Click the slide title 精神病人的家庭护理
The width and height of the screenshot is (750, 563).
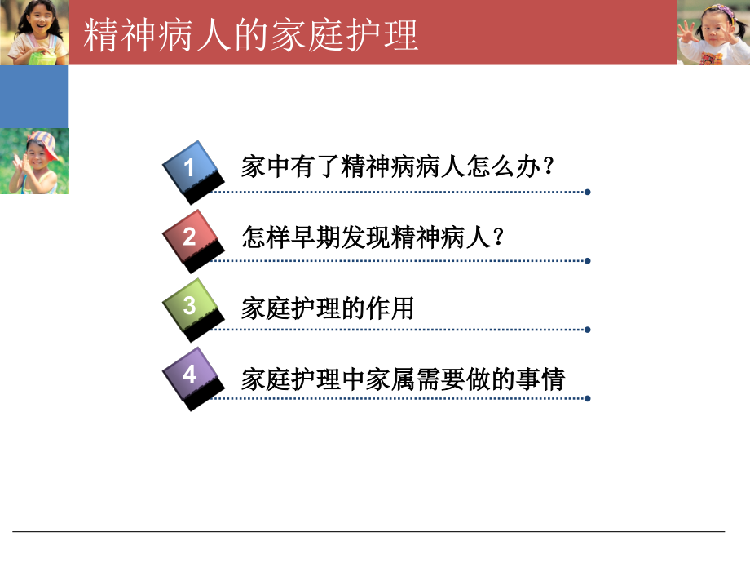tap(252, 35)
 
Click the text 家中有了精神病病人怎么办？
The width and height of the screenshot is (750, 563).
tap(399, 167)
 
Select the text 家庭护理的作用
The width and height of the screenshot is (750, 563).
tap(328, 308)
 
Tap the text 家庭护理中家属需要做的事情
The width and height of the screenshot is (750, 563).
tap(404, 379)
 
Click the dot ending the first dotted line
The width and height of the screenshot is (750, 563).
tap(587, 193)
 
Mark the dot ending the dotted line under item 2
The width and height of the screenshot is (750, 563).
tap(587, 261)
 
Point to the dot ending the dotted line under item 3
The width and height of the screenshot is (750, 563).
tap(587, 330)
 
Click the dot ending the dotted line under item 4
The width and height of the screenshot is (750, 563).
tap(587, 399)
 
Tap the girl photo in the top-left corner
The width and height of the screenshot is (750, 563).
tap(34, 33)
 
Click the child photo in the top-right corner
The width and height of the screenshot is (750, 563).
tap(713, 33)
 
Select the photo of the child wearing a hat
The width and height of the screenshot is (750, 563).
tap(34, 162)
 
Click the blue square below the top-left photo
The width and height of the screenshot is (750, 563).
tap(34, 97)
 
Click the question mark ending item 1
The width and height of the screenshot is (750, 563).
tap(548, 167)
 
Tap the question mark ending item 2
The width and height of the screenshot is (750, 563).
tap(498, 237)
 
